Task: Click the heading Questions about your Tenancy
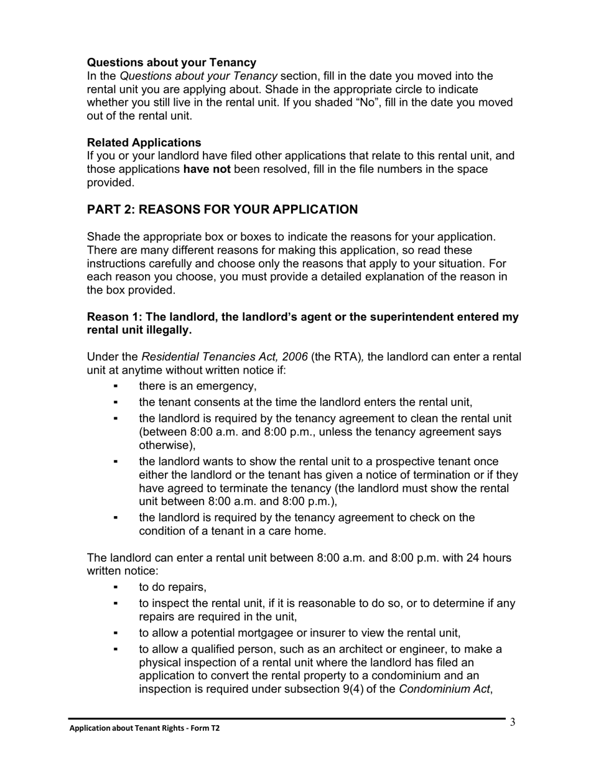pyautogui.click(x=171, y=62)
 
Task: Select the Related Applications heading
pyautogui.click(x=144, y=142)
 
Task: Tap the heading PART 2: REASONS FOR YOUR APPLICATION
pyautogui.click(x=222, y=210)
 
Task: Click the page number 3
pyautogui.click(x=513, y=722)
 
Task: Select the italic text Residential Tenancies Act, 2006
pyautogui.click(x=225, y=357)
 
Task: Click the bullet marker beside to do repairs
pyautogui.click(x=116, y=587)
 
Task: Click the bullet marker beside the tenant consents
pyautogui.click(x=116, y=402)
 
